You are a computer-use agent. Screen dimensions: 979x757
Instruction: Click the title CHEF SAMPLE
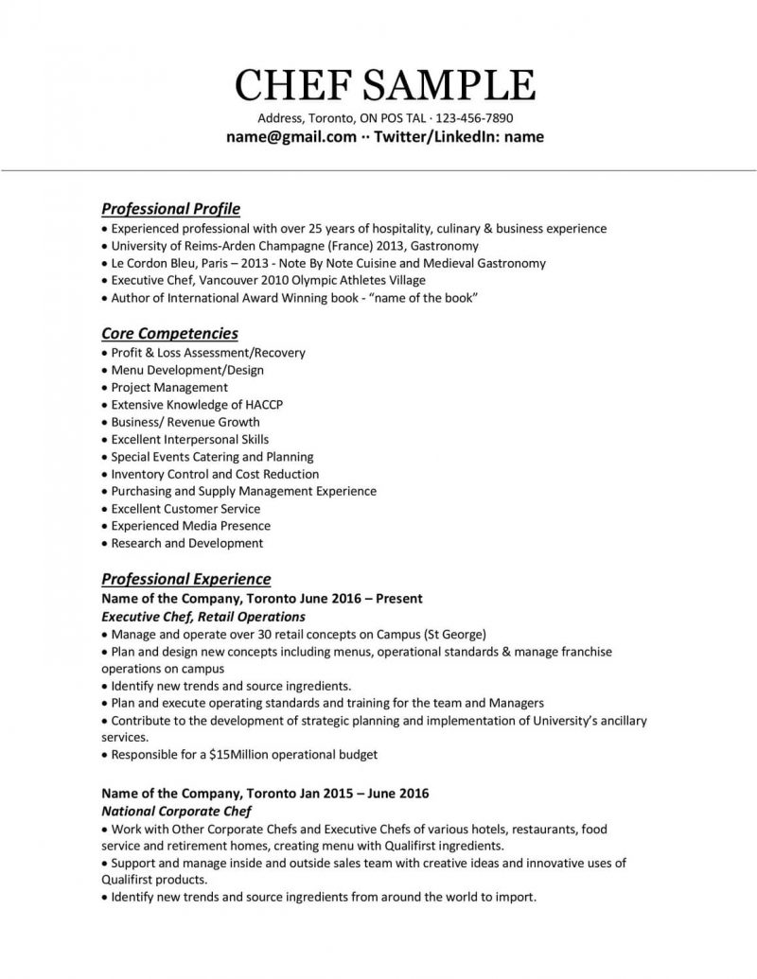pos(385,84)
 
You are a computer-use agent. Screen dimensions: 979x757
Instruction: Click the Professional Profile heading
pos(170,208)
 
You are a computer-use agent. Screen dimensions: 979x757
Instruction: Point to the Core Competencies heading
pos(169,333)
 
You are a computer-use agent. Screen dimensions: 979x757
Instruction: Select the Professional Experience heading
pos(185,579)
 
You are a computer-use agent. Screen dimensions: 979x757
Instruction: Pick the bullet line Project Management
pos(169,388)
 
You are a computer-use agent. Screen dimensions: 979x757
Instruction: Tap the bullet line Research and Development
pos(186,544)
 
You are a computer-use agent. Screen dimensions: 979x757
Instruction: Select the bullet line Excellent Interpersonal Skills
pos(189,440)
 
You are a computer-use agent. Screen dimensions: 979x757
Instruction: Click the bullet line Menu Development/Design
pos(187,370)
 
